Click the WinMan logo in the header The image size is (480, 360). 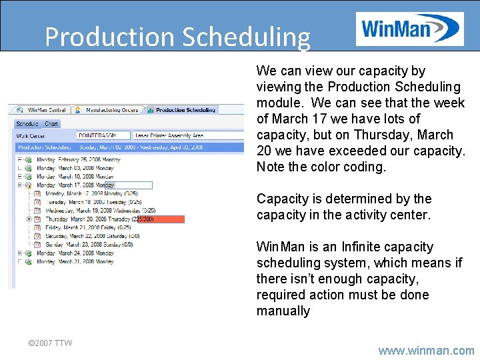tap(409, 29)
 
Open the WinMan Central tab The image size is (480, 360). tap(47, 110)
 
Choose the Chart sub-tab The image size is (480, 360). tap(51, 124)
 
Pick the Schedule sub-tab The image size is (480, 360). tap(27, 124)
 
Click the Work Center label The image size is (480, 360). tap(31, 136)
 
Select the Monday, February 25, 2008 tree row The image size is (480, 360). tap(78, 160)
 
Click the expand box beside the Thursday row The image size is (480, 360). tap(29, 219)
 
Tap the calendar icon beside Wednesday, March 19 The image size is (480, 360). tap(38, 211)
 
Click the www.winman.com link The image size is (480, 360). tap(426, 351)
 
